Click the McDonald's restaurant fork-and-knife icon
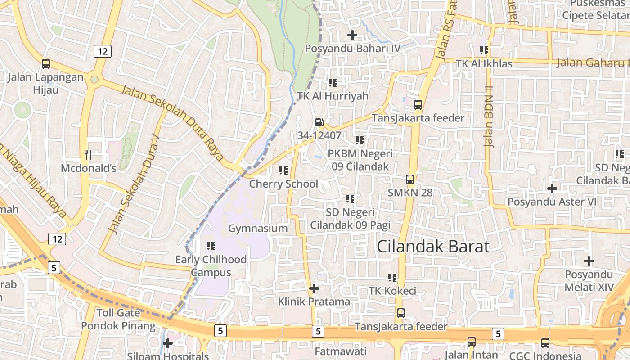(x=88, y=155)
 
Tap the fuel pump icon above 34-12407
(x=319, y=121)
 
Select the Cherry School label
(x=283, y=184)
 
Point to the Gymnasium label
(x=258, y=228)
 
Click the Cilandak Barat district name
(x=433, y=247)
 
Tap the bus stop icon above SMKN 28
(x=410, y=179)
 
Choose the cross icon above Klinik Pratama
(x=314, y=288)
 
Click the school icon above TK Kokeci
(x=392, y=278)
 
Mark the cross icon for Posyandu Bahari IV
(x=352, y=35)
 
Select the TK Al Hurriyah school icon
(x=333, y=82)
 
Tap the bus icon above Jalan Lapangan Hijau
(x=46, y=64)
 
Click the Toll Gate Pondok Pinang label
(x=118, y=319)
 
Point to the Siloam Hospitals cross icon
(x=168, y=343)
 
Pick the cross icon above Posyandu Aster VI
(x=552, y=188)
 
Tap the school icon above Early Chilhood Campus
(x=211, y=246)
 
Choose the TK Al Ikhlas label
(x=484, y=64)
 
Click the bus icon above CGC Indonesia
(x=545, y=342)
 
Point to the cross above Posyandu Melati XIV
(x=589, y=261)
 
